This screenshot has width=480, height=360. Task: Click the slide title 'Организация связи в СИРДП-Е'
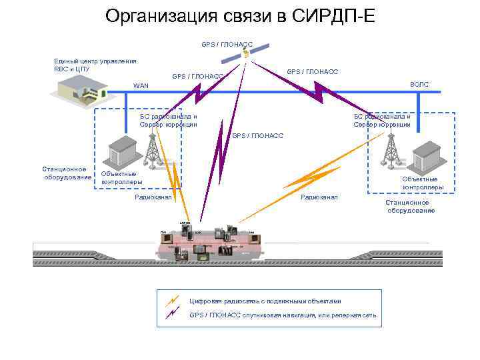[240, 16]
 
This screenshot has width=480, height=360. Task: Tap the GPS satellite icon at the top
[246, 53]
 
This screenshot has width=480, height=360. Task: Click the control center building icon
[81, 87]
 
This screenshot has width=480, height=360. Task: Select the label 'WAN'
[141, 86]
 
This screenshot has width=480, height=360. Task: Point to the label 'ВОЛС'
[420, 85]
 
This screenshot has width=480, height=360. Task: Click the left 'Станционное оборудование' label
[67, 173]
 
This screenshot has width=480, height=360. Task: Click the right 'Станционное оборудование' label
[411, 206]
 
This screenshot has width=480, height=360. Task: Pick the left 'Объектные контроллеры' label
[121, 178]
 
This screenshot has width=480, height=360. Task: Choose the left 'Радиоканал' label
[153, 197]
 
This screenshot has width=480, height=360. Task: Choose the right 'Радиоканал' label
[319, 197]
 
